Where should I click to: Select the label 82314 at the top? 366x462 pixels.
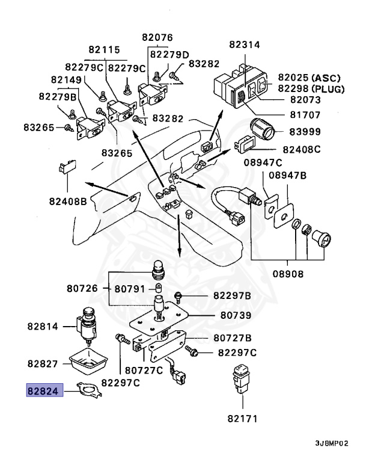click(245, 45)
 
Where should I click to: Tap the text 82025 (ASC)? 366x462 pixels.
click(309, 78)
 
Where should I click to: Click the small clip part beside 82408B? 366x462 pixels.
click(67, 166)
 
